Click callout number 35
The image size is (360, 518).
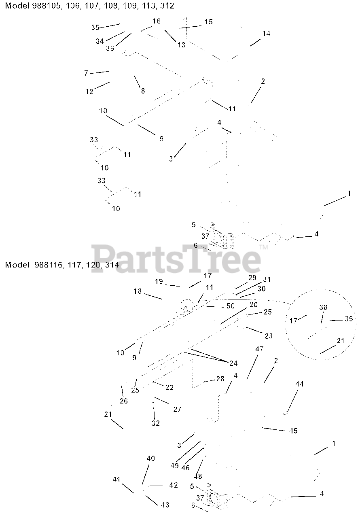[95, 28]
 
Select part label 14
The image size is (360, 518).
[266, 34]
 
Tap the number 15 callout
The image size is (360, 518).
[208, 22]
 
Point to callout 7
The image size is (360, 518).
[86, 73]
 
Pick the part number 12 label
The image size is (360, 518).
[89, 92]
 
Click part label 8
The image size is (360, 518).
[143, 91]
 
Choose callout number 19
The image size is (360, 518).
[159, 281]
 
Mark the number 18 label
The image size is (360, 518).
[138, 291]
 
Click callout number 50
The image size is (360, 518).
[230, 306]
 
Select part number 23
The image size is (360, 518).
[269, 336]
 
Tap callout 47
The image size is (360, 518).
[259, 348]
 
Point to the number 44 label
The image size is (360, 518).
[299, 384]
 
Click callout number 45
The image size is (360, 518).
[293, 431]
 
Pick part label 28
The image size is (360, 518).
[220, 379]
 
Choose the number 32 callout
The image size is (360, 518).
[156, 423]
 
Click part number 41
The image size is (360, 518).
[116, 480]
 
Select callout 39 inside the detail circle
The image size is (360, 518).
[349, 319]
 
